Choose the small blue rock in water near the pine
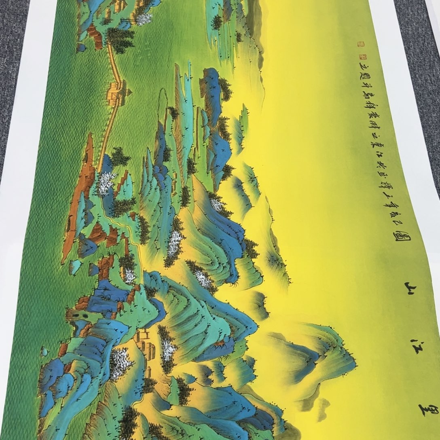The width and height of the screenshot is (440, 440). click(x=81, y=48)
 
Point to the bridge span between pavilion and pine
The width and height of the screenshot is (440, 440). click(x=115, y=65)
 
